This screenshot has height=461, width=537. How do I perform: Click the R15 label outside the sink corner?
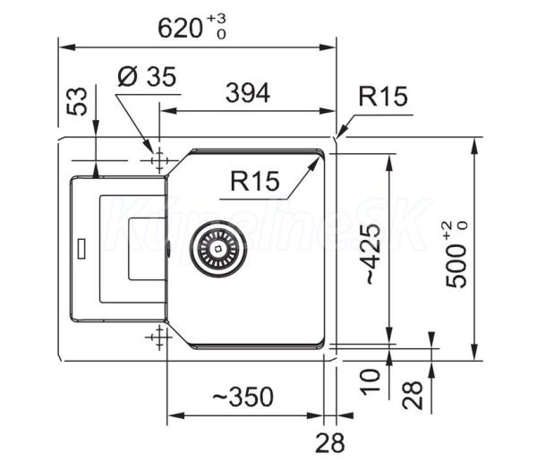383,96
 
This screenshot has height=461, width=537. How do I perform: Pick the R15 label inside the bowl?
256,182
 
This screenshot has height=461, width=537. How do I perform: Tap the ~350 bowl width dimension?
242,396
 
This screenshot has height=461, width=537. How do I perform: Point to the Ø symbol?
126,78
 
